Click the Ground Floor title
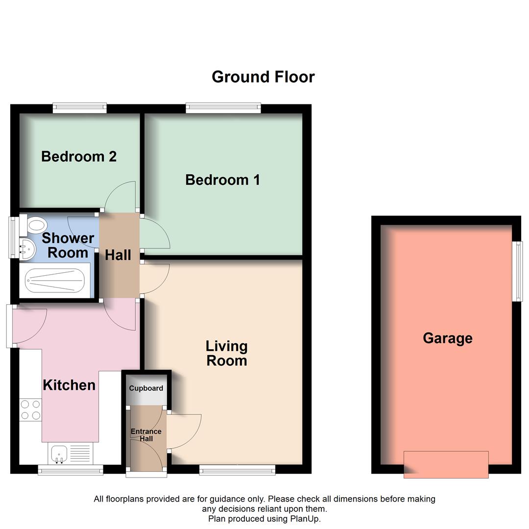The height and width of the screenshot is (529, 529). [x=263, y=77]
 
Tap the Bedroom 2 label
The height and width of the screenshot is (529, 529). [x=79, y=157]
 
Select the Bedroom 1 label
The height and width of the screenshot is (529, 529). [x=222, y=180]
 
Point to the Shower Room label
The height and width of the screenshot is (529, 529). [x=68, y=245]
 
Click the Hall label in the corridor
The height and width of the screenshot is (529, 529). [x=118, y=255]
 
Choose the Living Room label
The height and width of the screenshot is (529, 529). [x=226, y=353]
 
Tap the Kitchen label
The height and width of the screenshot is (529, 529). [x=69, y=385]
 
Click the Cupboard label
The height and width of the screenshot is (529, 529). [x=146, y=388]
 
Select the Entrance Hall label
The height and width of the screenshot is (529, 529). [x=146, y=435]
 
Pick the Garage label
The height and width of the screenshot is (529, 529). [x=447, y=338]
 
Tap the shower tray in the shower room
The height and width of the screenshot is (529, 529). [x=54, y=280]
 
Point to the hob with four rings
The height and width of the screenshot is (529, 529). [x=30, y=410]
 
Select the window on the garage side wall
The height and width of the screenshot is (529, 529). [x=516, y=271]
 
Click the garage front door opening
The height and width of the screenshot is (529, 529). [x=446, y=464]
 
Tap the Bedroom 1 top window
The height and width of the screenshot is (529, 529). [x=223, y=108]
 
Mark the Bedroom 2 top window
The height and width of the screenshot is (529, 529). [x=79, y=108]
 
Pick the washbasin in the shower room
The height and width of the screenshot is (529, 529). [x=27, y=249]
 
